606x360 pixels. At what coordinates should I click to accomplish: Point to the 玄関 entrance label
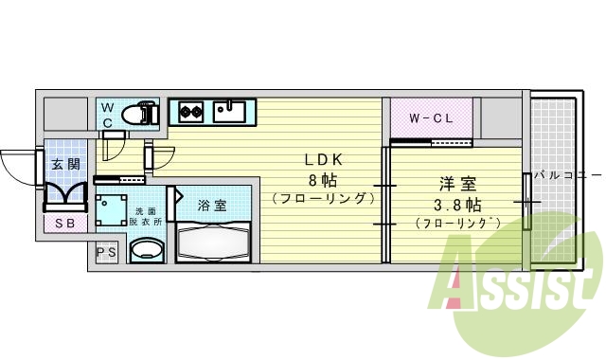[x=66, y=164]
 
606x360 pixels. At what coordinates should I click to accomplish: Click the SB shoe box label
[x=65, y=224]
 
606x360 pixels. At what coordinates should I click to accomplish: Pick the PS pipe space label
[x=106, y=253]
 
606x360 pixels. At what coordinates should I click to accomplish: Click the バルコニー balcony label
[x=567, y=175]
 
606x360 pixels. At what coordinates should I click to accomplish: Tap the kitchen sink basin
[x=229, y=113]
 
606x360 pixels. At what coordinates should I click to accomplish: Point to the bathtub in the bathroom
[x=212, y=241]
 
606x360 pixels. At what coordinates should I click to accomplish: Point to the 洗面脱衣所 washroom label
[x=148, y=216]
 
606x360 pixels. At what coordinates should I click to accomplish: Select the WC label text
[x=108, y=116]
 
